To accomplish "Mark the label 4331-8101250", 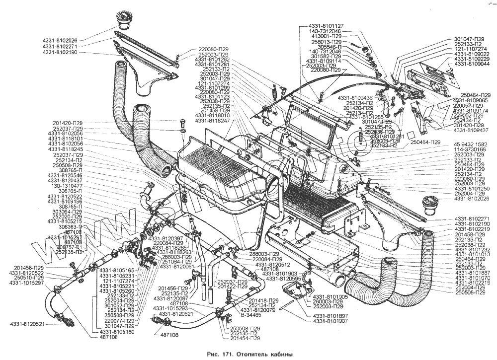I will pos(472,189).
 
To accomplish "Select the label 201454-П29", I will pos(245,339).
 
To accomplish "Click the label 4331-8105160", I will pos(117,332).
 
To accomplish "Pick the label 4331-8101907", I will pos(330,321).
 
